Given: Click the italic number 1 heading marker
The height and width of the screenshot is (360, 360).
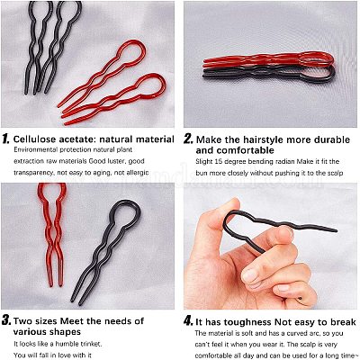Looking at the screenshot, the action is click(6, 139).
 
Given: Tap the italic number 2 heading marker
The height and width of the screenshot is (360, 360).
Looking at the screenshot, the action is click(189, 139).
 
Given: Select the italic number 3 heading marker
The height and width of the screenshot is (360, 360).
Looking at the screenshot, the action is click(6, 320).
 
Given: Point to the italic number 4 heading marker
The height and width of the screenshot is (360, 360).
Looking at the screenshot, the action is click(189, 321).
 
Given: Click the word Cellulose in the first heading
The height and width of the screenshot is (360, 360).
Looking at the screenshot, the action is click(35, 139).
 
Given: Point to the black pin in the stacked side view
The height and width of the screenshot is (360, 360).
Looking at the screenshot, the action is click(269, 75).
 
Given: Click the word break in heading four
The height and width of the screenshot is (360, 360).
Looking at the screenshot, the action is click(343, 322).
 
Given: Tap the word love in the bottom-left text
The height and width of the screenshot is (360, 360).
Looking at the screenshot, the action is click(65, 355).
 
